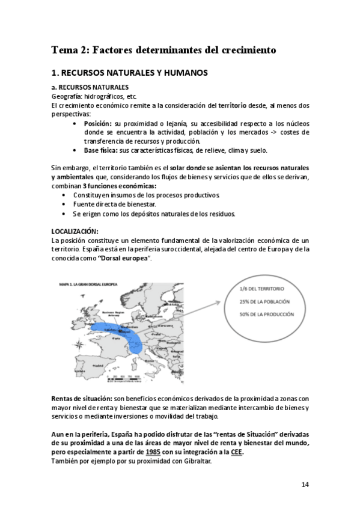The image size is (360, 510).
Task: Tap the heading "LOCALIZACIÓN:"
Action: click(x=76, y=232)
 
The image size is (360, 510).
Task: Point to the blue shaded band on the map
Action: click(x=120, y=331)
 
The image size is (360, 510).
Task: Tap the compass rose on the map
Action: click(x=79, y=345)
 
